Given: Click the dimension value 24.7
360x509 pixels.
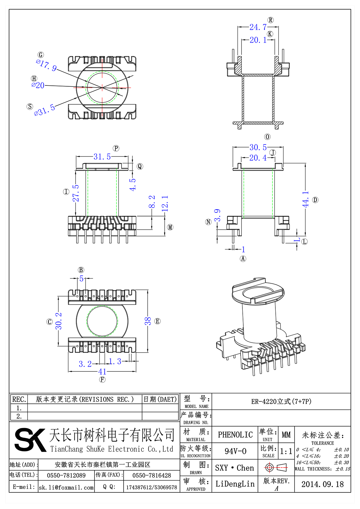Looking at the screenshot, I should pyautogui.click(x=258, y=27).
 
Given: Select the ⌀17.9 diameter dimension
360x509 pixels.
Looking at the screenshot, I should pyautogui.click(x=46, y=65).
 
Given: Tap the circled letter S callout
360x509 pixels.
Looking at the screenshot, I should pyautogui.click(x=30, y=106).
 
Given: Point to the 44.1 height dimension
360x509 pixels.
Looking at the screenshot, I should pyautogui.click(x=305, y=199).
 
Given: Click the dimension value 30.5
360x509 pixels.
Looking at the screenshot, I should pyautogui.click(x=258, y=147).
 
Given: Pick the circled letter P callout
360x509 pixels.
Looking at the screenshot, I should pyautogui.click(x=116, y=148).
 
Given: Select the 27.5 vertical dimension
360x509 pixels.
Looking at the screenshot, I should pyautogui.click(x=76, y=193).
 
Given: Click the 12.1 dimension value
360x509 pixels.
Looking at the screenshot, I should pyautogui.click(x=165, y=204).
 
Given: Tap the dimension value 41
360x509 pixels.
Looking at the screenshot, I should pyautogui.click(x=102, y=372).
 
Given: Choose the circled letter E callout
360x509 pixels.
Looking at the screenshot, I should pyautogui.click(x=157, y=321).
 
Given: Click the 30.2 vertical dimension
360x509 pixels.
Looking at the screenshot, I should pyautogui.click(x=58, y=321).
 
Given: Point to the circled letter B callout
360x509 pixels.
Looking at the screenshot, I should pyautogui.click(x=81, y=270).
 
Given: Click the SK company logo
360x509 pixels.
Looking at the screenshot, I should pyautogui.click(x=30, y=440).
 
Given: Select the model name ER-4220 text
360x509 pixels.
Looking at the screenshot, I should pyautogui.click(x=281, y=401).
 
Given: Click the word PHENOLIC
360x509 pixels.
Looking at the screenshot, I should pyautogui.click(x=235, y=435).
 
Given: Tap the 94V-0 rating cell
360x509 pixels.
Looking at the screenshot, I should pyautogui.click(x=235, y=451).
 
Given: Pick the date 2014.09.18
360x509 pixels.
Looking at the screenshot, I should pyautogui.click(x=322, y=484).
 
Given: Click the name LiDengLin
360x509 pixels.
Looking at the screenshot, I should pyautogui.click(x=235, y=484).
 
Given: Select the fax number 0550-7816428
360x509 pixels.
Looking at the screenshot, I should pyautogui.click(x=151, y=475).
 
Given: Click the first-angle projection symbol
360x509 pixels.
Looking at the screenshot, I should pyautogui.click(x=276, y=467).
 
